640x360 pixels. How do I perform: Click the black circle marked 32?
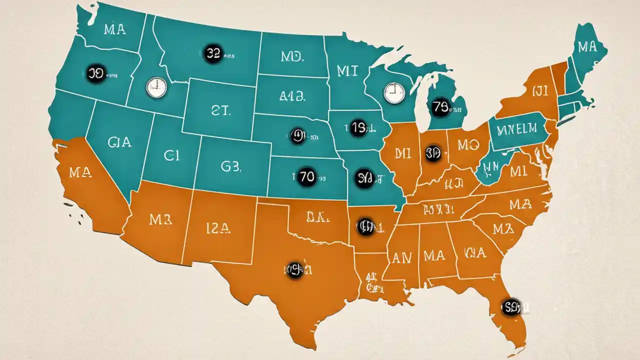coord(213,54)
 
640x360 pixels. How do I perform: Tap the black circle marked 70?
coord(306,176)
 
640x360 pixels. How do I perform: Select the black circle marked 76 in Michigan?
coord(440,107)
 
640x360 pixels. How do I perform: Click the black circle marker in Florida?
coord(510,305)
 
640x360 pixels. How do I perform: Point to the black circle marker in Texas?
coord(295,270)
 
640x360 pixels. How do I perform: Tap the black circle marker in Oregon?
coord(94,73)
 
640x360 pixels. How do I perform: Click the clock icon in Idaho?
coord(155,87)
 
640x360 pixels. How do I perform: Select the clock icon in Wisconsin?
coord(393,92)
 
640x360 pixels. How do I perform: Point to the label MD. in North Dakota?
coord(292,57)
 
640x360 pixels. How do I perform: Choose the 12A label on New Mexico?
coord(218,229)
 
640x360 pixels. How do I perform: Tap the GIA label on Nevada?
coord(119,142)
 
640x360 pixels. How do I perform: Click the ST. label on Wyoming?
coord(220,111)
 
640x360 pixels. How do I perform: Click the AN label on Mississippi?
coord(401,258)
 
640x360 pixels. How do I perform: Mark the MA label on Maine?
coord(586,47)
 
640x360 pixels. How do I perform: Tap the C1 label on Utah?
coord(171,155)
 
